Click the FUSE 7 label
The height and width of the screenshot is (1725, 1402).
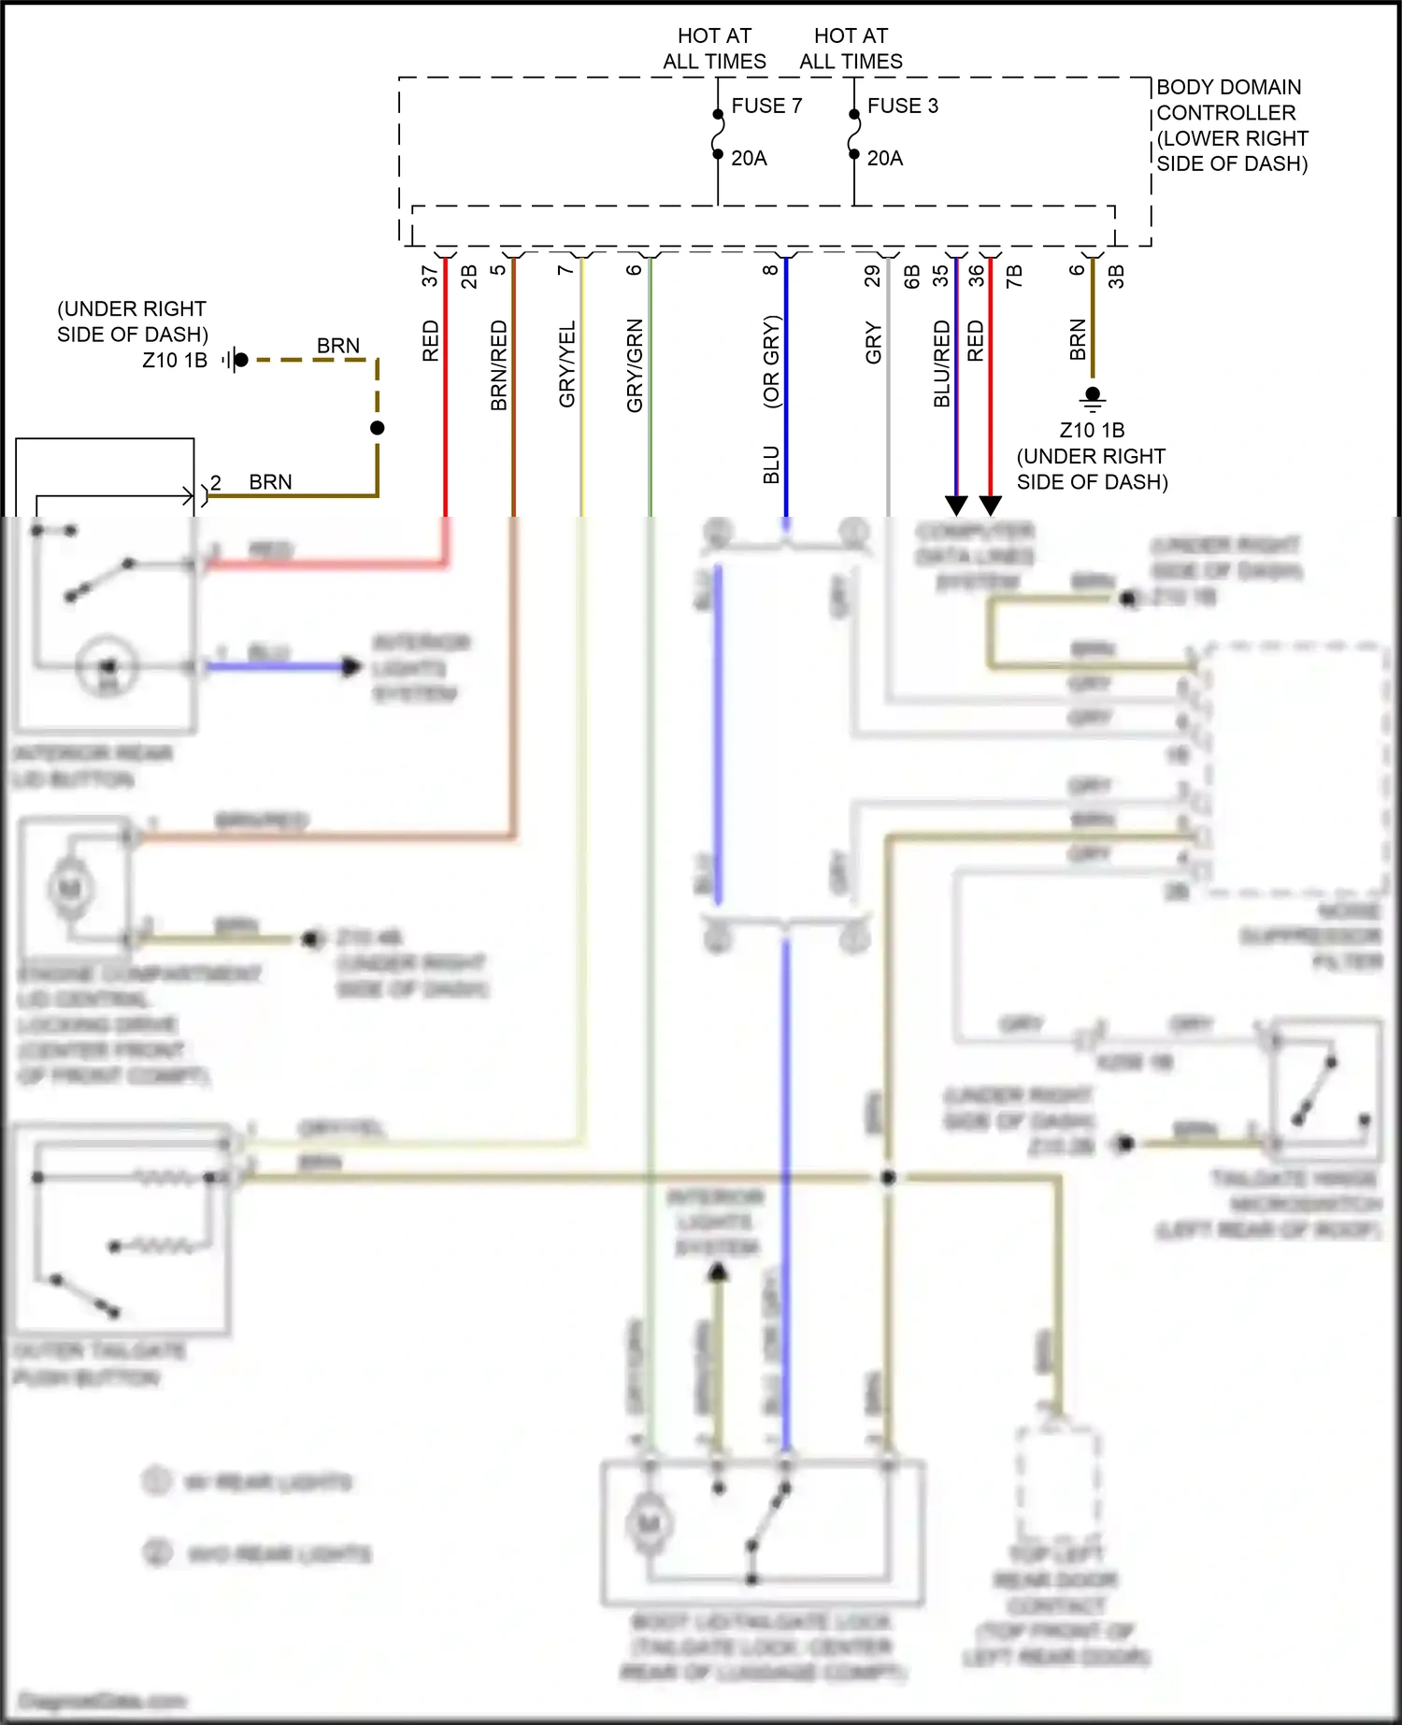(766, 106)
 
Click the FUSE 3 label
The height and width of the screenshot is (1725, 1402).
(902, 106)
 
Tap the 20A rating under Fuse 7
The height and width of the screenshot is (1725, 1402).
(749, 158)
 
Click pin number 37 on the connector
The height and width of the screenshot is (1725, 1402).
(429, 276)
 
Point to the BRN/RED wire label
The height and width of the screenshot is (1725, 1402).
(498, 365)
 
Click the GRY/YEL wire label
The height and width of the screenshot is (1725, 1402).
(566, 364)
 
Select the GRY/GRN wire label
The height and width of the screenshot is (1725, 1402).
(635, 365)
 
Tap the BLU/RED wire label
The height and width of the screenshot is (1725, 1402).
(941, 364)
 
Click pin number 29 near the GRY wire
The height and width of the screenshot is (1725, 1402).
(872, 276)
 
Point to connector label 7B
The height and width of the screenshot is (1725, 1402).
(1013, 276)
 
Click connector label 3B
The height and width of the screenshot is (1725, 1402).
(1115, 276)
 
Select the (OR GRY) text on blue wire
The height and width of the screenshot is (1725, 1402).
(771, 362)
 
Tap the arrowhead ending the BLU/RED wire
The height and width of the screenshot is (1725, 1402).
(956, 506)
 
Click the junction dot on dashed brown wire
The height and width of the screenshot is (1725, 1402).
(378, 428)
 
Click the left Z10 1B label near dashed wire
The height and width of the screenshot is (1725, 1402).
(175, 360)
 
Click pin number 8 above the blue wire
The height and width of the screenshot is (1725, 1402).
(770, 270)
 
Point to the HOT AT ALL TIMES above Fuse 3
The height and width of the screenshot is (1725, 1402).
(851, 49)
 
